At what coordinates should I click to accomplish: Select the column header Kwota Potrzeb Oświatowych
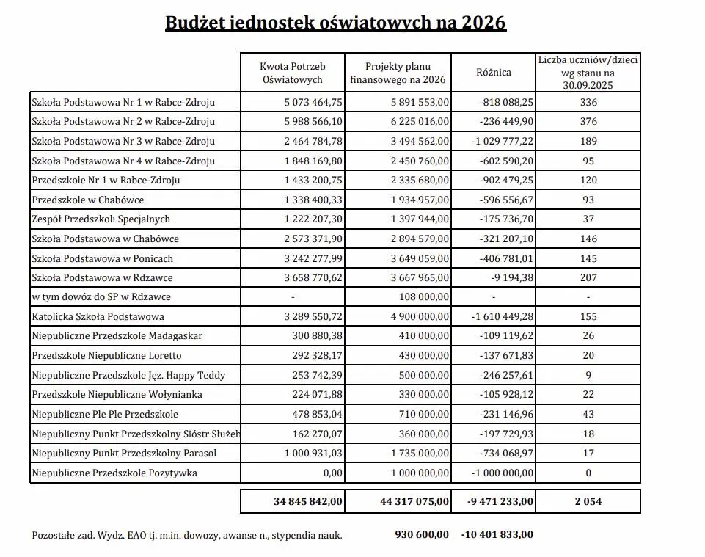coord(293,72)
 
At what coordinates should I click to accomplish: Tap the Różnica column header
coord(493,72)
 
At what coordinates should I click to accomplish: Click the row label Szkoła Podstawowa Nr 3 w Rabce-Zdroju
coord(123,141)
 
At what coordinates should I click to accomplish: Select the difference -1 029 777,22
coord(497,141)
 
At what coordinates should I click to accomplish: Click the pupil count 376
coord(588,121)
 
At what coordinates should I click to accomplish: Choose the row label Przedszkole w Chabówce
coord(88,200)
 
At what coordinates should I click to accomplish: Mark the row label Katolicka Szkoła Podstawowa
coord(98,317)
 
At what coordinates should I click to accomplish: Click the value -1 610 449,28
coord(497,317)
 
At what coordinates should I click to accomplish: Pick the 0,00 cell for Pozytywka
coord(333,473)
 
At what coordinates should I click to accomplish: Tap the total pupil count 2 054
coord(588,502)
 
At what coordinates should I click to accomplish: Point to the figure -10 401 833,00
coord(497,534)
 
